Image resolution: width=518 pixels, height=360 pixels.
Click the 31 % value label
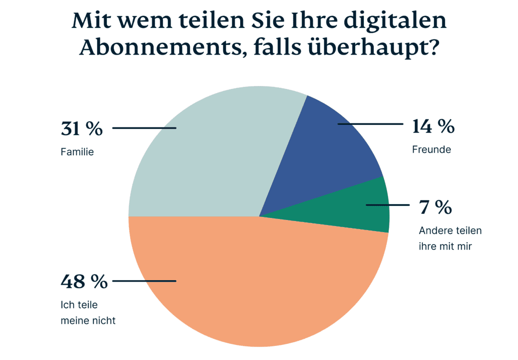[81, 129]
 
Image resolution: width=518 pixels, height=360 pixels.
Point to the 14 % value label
[433, 126]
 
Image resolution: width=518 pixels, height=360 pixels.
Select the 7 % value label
[435, 207]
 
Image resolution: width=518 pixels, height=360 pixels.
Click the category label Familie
[77, 151]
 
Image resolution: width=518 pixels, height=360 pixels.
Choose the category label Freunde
[431, 150]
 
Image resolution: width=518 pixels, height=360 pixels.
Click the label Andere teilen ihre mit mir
[450, 239]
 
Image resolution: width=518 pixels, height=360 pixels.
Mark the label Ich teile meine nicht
[88, 312]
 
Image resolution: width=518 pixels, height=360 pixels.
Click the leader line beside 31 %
[144, 128]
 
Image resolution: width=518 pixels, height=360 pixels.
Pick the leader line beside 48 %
[144, 281]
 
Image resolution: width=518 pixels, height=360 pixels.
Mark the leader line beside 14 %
[369, 123]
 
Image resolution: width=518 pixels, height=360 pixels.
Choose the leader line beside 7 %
[387, 205]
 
